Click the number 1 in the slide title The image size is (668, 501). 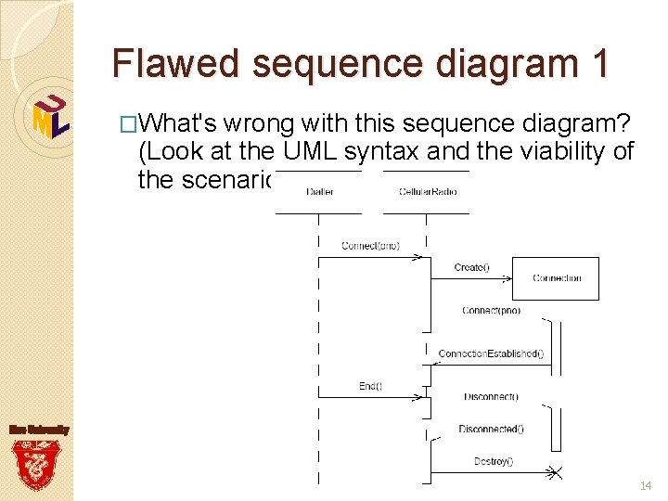pos(597,63)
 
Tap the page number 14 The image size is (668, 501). pos(645,486)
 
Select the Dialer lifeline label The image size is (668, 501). pos(317,192)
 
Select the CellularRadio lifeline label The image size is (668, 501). pos(427,192)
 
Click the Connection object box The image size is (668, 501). pos(558,278)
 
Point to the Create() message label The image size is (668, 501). pos(471,267)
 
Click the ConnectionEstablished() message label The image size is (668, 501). pos(491,353)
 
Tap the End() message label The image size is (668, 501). pos(370,385)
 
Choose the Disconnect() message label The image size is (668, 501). pos(491,397)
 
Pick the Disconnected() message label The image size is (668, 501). pos(491,429)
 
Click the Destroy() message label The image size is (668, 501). pos(493,461)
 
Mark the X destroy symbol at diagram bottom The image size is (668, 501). pos(553,473)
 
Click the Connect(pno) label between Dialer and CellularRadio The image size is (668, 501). pos(370,245)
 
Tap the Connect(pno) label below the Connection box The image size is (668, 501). pos(491,310)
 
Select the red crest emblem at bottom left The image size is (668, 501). pos(37,464)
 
